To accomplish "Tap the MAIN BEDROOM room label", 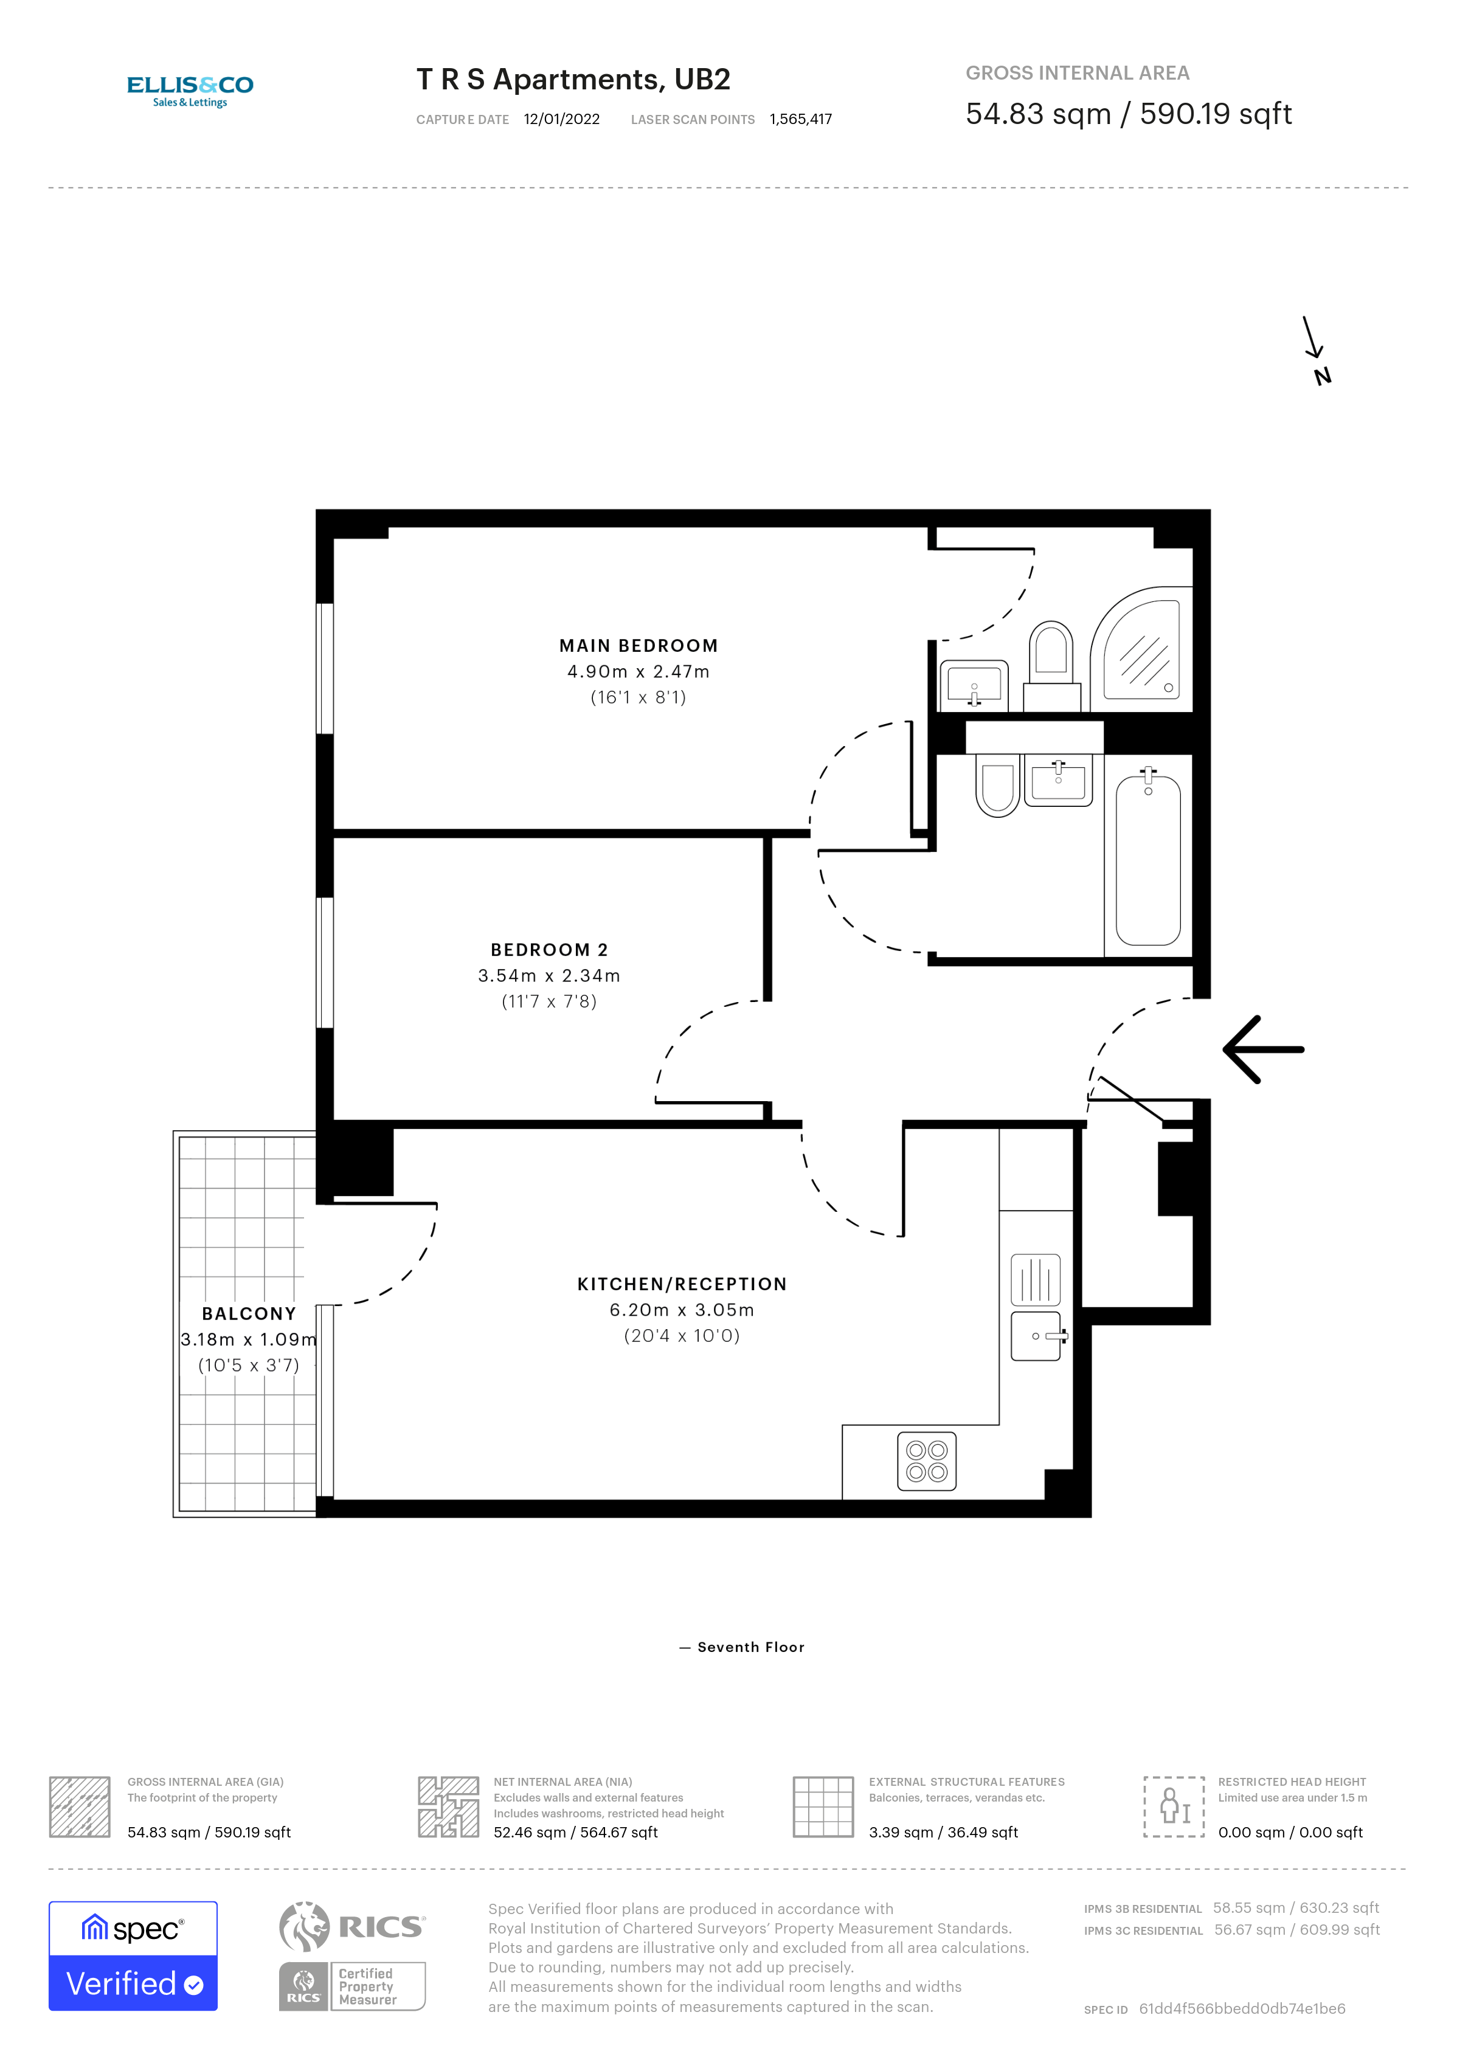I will point(638,646).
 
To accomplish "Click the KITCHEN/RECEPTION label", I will point(682,1284).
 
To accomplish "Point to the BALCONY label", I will point(249,1313).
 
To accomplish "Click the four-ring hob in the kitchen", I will point(927,1460).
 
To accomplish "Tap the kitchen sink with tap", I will point(1037,1336).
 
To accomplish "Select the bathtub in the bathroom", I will point(1147,860).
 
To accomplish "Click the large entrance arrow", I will point(1263,1049).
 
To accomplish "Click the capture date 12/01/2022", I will point(562,119).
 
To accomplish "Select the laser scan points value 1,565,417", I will point(800,119).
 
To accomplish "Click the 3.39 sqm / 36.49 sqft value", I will point(943,1832).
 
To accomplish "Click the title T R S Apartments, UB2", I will point(573,80).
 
